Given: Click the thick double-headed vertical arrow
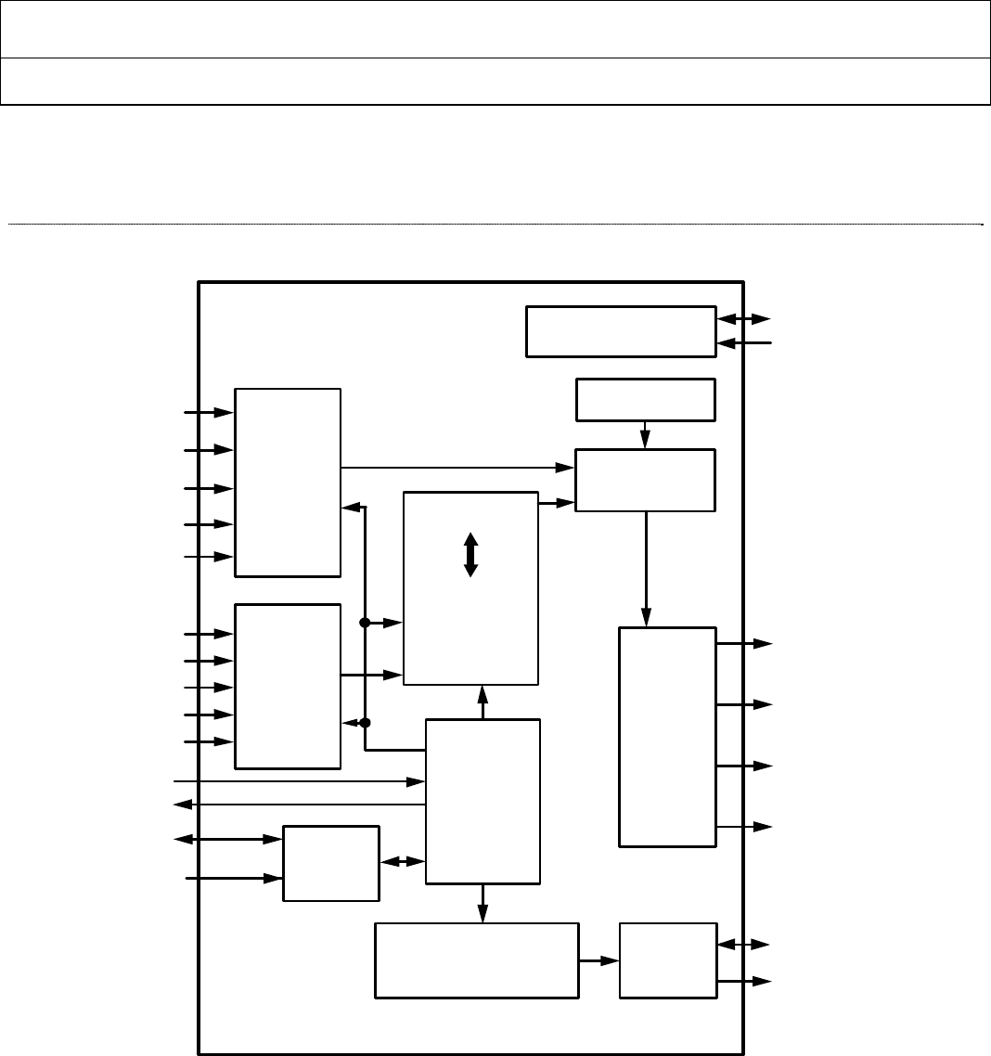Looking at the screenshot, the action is point(470,555).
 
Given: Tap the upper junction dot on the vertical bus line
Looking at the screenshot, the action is point(365,623).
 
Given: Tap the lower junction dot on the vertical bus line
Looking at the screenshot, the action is point(365,723).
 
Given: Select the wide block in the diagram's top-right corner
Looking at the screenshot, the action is point(621,330).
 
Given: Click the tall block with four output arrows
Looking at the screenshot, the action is point(667,737).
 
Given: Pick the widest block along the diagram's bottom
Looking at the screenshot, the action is point(476,960).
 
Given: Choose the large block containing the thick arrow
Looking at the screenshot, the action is point(470,588).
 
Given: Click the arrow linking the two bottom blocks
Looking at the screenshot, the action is point(598,960).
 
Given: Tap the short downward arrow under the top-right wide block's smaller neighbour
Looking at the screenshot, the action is point(646,434).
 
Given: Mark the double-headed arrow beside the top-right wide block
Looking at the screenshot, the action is point(743,319).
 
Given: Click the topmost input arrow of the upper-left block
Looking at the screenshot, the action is point(210,412).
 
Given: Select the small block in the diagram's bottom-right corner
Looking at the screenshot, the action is point(667,960).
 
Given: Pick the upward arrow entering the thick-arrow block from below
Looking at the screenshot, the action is point(483,702).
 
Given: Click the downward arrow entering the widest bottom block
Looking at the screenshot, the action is point(483,903).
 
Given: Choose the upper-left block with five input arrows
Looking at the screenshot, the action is point(288,483).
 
